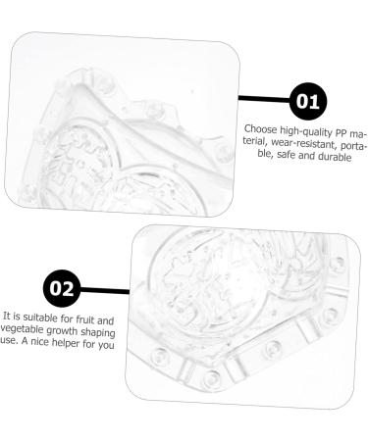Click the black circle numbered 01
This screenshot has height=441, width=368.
(x=308, y=101)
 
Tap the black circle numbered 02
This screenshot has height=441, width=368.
(x=62, y=288)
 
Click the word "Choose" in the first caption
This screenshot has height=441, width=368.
(x=260, y=129)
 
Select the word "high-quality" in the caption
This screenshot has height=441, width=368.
(x=306, y=131)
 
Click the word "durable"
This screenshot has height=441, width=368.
(x=335, y=157)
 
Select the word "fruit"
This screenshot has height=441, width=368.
(x=85, y=318)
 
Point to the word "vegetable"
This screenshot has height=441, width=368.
(x=23, y=330)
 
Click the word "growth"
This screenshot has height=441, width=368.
(x=62, y=331)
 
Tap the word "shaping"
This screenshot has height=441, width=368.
(x=98, y=333)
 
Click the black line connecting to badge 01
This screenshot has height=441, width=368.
(x=264, y=99)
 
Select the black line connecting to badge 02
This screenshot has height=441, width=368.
(x=105, y=290)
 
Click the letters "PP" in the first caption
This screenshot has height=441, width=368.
(x=341, y=133)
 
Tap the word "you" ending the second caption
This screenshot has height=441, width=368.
(x=106, y=345)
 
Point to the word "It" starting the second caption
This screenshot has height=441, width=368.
(x=6, y=316)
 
